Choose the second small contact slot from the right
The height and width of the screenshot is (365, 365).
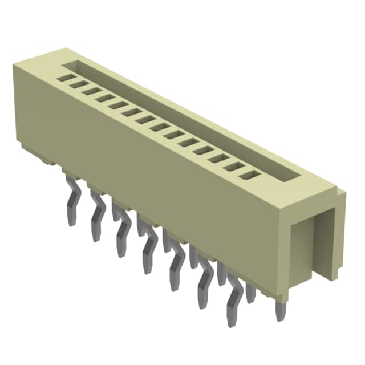(233, 165)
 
